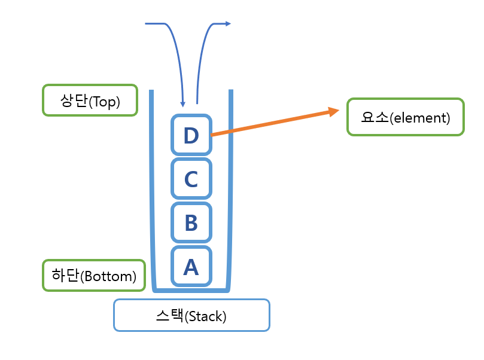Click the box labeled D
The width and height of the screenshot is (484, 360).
pos(191,136)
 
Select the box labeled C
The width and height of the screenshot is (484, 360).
pos(191,179)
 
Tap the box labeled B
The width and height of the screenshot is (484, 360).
pos(191,222)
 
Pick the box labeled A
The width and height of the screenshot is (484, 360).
pos(191,266)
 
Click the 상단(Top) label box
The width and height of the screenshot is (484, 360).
pos(90,100)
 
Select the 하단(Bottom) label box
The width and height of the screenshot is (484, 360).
pos(94,276)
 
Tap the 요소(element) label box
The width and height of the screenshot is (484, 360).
pos(405,117)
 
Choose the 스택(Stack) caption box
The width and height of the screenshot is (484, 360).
pos(191,315)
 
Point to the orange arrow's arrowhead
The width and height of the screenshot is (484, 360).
pos(334,111)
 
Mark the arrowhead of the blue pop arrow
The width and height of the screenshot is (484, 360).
pos(227,24)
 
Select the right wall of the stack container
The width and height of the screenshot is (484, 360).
pos(230,191)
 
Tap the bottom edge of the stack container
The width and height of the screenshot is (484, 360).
pos(191,290)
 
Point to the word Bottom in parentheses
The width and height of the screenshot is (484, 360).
pos(108,277)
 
